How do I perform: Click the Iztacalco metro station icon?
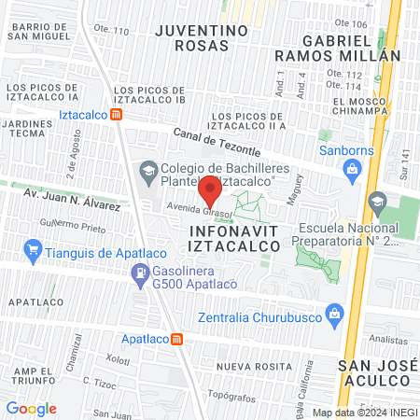tap(116, 114)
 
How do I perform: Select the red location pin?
tap(211, 193)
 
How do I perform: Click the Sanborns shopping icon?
tap(351, 169)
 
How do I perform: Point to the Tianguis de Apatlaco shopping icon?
tap(35, 249)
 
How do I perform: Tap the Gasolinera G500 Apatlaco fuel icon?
tap(139, 273)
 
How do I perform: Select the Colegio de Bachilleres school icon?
tap(147, 172)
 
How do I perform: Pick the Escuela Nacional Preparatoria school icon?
tap(377, 202)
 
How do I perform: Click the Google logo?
tap(31, 408)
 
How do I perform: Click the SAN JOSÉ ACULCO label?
tap(372, 372)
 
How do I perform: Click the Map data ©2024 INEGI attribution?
tap(362, 412)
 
